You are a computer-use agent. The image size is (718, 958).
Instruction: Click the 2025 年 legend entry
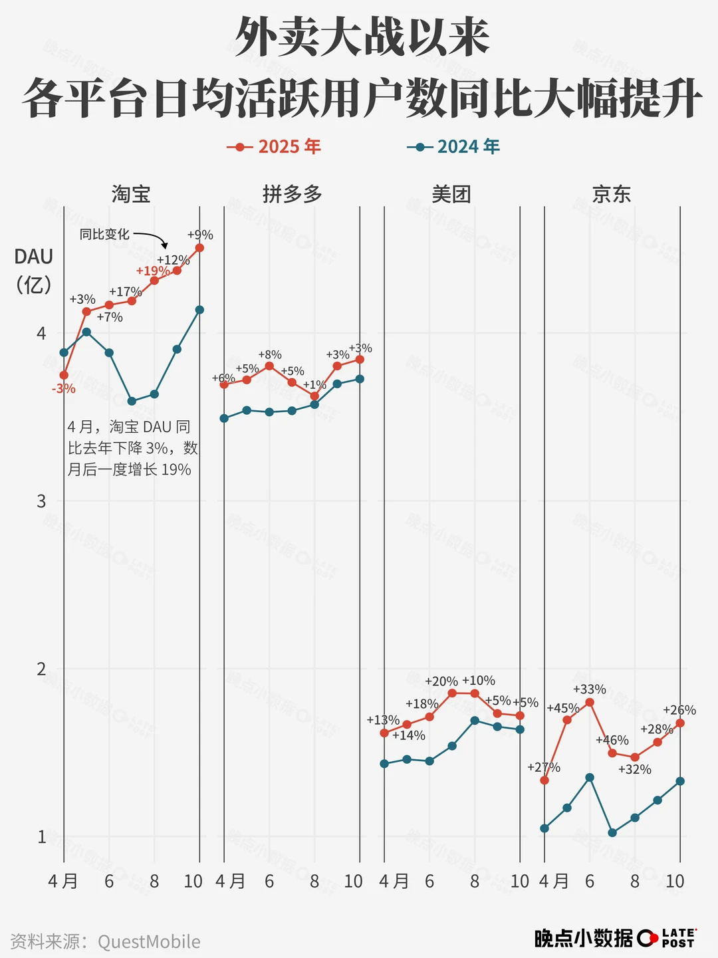coord(274,146)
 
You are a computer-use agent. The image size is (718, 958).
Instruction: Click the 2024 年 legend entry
coord(453,146)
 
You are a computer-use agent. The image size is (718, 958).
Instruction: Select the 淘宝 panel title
coord(131,194)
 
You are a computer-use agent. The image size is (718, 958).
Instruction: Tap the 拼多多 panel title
coord(292,194)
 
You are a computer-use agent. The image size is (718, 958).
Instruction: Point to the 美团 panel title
coord(451,194)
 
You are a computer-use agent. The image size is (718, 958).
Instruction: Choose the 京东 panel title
coord(611,194)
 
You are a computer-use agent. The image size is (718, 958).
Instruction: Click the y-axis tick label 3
coord(41,501)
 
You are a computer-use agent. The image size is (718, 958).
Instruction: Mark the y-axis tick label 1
coord(41,836)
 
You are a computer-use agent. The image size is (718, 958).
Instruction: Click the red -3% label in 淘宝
coord(64,389)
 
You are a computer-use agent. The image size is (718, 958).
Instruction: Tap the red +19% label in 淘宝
coord(152,271)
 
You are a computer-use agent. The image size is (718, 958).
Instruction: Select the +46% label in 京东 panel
coord(612,740)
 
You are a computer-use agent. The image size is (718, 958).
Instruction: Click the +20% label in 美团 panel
coord(441,681)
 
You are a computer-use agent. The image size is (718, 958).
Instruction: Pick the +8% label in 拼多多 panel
coord(270,354)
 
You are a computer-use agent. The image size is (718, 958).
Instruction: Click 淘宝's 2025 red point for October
coord(199,248)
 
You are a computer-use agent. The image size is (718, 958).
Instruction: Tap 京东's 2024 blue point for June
coord(590,777)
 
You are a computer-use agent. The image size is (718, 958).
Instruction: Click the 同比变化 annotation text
coord(104,234)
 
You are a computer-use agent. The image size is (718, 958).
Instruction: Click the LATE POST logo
coord(667,938)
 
